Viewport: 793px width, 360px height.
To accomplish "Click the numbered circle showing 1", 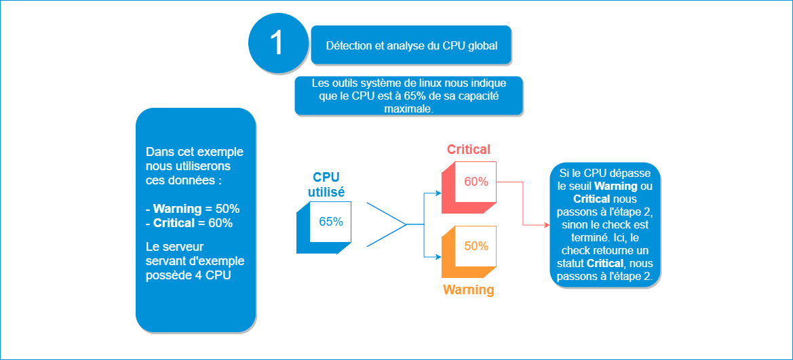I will (x=277, y=43).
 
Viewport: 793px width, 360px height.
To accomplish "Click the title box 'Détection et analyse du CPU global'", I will (x=411, y=46).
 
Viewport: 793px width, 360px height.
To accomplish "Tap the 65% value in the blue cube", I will (x=330, y=222).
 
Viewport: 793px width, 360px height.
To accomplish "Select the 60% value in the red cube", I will (x=476, y=181).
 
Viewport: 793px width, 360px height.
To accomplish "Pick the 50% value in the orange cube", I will (x=476, y=246).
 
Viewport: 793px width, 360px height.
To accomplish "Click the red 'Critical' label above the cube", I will (x=468, y=150).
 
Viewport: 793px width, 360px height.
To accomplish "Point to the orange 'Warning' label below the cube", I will (x=468, y=290).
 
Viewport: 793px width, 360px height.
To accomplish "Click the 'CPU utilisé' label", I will (x=326, y=184).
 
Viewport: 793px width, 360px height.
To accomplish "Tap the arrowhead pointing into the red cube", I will (x=438, y=193).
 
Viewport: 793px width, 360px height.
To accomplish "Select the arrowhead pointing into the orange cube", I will (x=438, y=256).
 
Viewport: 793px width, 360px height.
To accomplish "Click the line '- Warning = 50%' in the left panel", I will (x=193, y=208).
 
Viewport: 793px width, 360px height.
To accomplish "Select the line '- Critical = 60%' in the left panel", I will (x=189, y=222).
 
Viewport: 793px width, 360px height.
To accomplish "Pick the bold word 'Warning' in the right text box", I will (x=615, y=186).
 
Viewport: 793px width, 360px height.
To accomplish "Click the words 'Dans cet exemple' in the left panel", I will (x=195, y=152).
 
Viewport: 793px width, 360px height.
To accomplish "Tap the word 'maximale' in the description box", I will (x=409, y=108).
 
